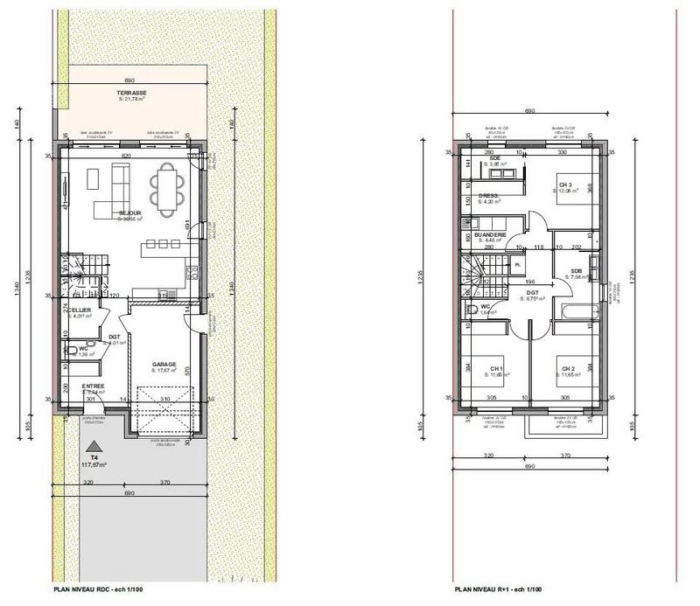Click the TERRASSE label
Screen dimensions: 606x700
pos(132,93)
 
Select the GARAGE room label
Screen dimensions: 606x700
pos(164,365)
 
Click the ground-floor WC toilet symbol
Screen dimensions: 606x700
pos(70,352)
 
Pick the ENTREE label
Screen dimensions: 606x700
pos(94,386)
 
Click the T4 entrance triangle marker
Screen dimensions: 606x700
pos(94,447)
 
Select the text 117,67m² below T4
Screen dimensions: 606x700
pos(94,465)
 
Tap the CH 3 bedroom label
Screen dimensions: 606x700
pos(565,185)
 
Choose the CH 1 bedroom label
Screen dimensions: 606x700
pos(496,368)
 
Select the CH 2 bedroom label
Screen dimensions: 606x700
pos(568,368)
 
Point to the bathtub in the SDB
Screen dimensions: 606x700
pos(577,310)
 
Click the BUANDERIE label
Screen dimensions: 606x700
pos(489,235)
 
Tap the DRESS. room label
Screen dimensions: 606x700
pos(488,196)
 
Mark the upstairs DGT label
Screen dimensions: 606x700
pos(531,293)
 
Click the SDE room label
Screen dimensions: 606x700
pos(494,158)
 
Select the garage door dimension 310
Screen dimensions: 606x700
pos(164,400)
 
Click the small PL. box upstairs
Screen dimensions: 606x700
pos(518,263)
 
